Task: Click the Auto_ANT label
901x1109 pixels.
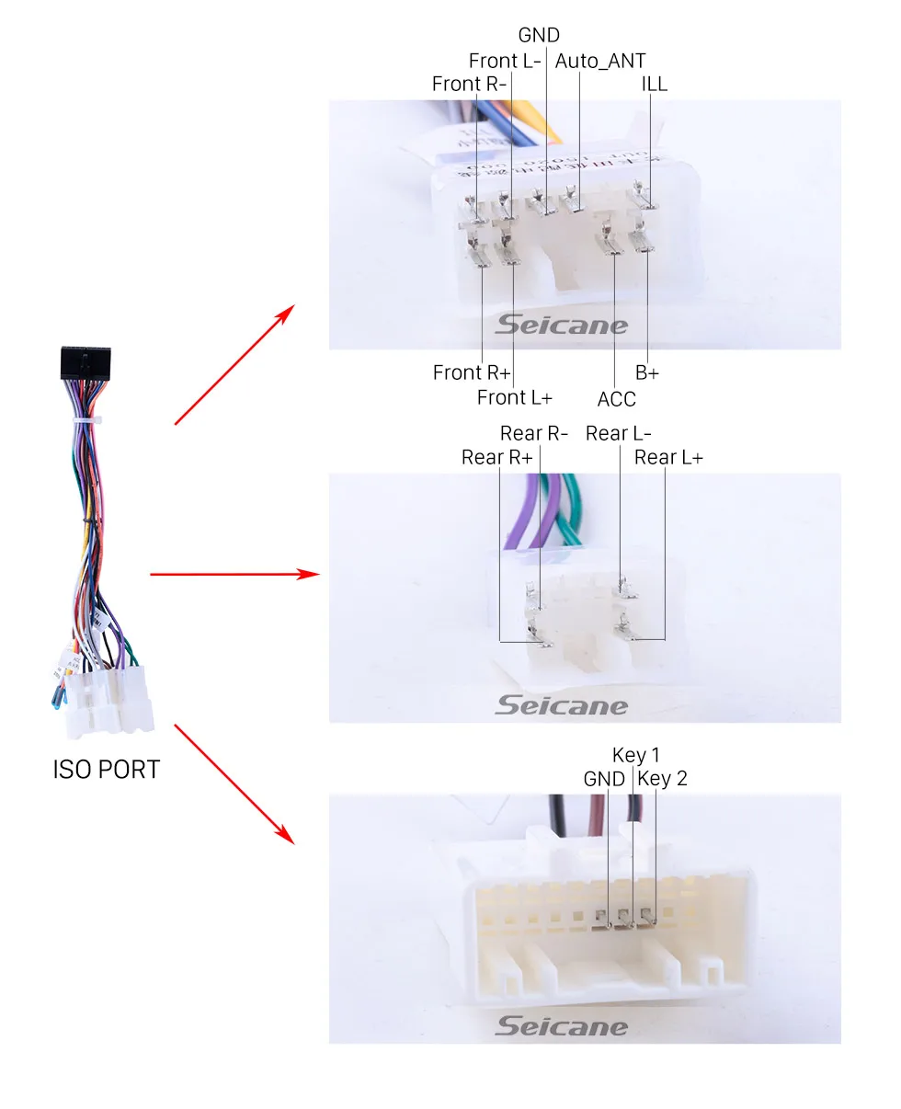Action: [599, 62]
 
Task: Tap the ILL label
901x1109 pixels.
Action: [654, 85]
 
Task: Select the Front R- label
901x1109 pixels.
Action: [469, 84]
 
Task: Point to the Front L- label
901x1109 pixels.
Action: [505, 61]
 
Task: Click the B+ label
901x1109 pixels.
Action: [647, 372]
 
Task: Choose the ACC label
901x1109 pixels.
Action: [616, 399]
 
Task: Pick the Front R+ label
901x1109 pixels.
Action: [471, 372]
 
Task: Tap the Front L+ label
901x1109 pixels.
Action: [514, 398]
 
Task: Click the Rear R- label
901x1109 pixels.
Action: [533, 433]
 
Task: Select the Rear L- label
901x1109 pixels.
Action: [619, 433]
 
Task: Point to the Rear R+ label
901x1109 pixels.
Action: [497, 457]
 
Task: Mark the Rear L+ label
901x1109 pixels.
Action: [668, 457]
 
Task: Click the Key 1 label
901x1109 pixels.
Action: [636, 755]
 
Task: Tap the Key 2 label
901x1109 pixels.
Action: [662, 778]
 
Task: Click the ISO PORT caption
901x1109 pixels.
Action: [106, 770]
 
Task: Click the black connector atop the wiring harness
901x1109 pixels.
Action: [86, 363]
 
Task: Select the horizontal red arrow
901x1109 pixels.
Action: [234, 574]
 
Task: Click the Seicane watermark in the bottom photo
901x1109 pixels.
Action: [561, 1026]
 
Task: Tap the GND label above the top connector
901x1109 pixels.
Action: [539, 36]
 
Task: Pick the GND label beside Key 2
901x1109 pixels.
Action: [604, 779]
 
